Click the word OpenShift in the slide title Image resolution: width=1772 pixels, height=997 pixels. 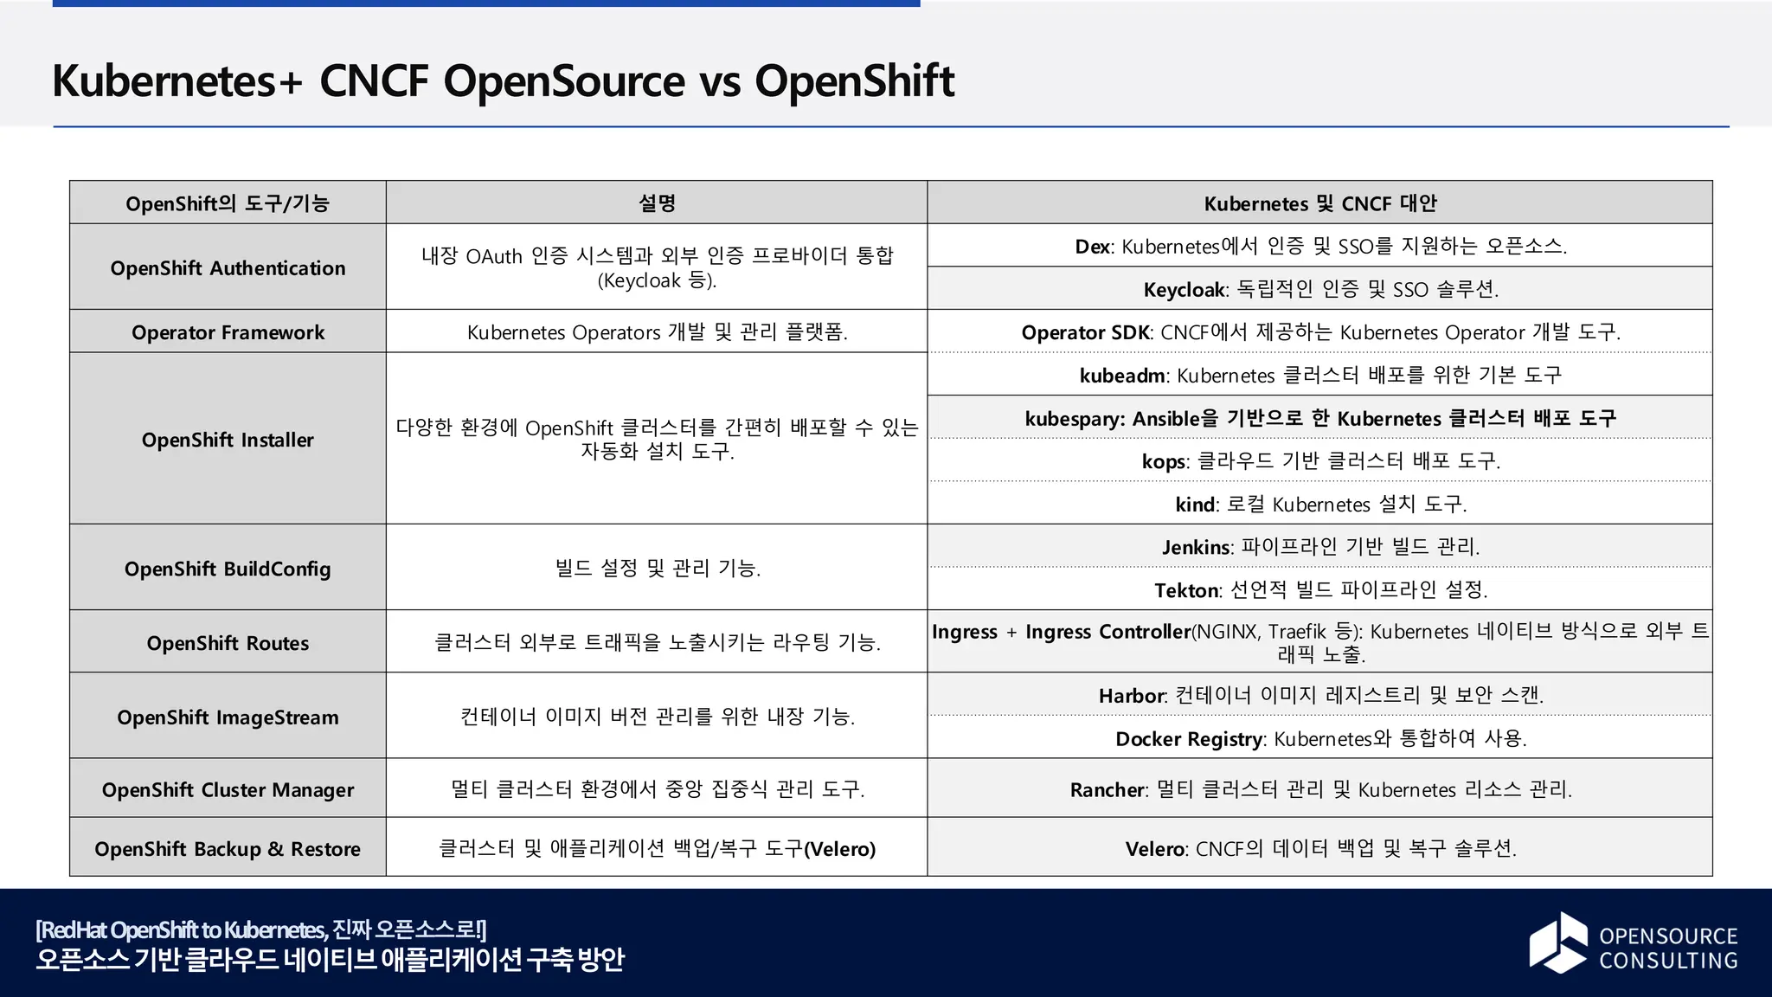(x=854, y=81)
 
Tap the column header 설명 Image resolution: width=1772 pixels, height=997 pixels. (x=657, y=203)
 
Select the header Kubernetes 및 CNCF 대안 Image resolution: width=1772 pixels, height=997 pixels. (x=1319, y=203)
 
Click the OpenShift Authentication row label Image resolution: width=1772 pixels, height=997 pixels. (x=228, y=268)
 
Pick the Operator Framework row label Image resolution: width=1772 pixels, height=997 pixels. (x=228, y=332)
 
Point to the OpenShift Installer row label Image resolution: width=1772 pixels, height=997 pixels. (x=228, y=440)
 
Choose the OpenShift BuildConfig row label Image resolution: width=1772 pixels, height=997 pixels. (x=228, y=569)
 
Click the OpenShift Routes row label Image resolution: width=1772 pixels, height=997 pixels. (x=228, y=643)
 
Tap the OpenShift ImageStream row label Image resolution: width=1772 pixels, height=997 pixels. (x=228, y=717)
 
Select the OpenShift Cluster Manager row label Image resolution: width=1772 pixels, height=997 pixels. (x=228, y=790)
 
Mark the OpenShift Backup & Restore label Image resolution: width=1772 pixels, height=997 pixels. (x=228, y=849)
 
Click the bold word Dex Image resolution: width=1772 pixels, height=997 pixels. (x=1093, y=247)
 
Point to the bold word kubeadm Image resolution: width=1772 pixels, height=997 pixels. (x=1122, y=376)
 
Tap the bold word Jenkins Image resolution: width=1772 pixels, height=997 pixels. (x=1196, y=547)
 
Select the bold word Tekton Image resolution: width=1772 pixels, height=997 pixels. (x=1186, y=590)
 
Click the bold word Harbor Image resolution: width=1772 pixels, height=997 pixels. (x=1132, y=696)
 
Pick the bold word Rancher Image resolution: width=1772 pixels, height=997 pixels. (x=1107, y=790)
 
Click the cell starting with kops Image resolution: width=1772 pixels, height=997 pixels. (x=1320, y=461)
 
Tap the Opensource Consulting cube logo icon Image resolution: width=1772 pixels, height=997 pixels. (x=1558, y=942)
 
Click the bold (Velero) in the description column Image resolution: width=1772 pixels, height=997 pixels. (x=839, y=849)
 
